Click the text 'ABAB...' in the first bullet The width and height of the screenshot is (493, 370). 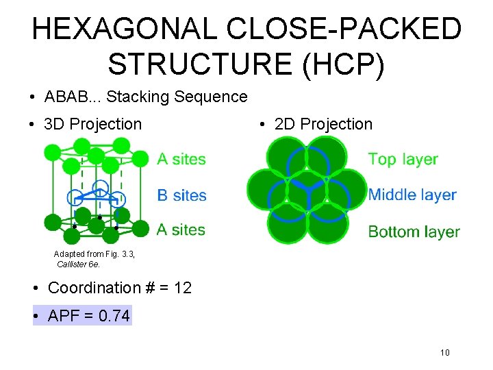(x=72, y=97)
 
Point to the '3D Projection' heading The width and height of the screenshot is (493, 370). (x=92, y=124)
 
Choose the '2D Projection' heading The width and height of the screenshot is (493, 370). (x=323, y=124)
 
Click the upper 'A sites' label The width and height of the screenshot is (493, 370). (x=181, y=159)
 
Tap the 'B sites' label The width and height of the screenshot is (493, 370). (x=181, y=195)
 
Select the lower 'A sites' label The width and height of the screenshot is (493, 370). (x=181, y=230)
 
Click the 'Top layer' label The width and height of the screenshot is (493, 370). (x=403, y=159)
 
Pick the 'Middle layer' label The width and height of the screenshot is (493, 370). (x=412, y=195)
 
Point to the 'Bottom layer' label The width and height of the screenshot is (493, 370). (x=414, y=232)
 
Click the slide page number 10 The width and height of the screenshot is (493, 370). (x=444, y=353)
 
